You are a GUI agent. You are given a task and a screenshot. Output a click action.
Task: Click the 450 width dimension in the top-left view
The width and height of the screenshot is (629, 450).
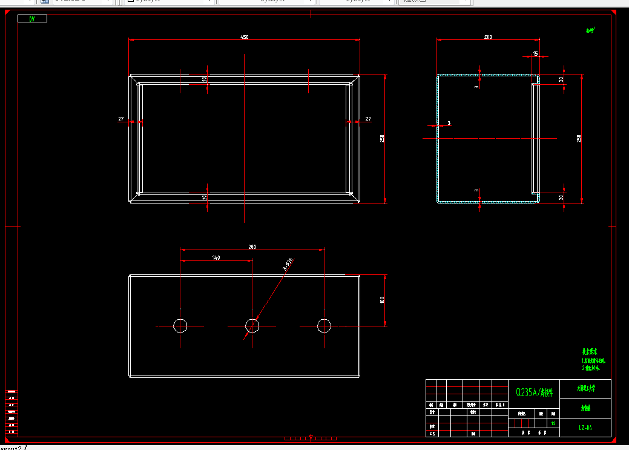point(245,37)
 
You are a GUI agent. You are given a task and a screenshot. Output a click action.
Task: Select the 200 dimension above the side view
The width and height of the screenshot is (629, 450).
point(488,37)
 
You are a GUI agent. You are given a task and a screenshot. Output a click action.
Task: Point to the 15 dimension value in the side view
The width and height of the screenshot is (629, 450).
point(535,54)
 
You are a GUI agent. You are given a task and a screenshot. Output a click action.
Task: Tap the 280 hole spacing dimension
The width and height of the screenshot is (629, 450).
point(252,247)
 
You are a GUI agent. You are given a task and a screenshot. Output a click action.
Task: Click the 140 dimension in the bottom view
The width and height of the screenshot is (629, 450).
point(216,257)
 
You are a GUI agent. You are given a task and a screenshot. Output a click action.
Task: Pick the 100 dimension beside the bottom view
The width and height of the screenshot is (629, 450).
point(382,300)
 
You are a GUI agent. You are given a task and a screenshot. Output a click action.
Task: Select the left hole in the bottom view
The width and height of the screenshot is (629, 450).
point(180,326)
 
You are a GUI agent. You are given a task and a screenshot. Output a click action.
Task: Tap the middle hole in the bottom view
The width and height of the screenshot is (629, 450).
point(252,326)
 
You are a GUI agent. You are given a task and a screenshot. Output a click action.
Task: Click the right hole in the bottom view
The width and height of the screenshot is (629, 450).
point(324,326)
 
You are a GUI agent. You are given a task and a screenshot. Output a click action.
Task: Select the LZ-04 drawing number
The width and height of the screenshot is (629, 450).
point(585,428)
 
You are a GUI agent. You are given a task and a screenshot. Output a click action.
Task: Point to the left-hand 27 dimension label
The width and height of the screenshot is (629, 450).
point(121,119)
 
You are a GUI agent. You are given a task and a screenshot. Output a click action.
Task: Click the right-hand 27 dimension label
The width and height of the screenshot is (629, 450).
point(368,119)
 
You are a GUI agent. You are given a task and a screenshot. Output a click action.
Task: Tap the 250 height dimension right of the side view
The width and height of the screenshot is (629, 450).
point(579,139)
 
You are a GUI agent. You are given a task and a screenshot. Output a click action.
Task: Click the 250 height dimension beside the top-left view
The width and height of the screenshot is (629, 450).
point(382,139)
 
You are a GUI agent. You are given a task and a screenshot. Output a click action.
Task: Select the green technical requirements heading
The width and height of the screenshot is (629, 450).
point(590,351)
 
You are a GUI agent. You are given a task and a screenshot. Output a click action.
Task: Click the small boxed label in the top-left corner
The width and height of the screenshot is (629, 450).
point(33,19)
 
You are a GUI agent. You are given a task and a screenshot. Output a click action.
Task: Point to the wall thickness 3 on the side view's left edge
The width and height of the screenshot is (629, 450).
point(449,124)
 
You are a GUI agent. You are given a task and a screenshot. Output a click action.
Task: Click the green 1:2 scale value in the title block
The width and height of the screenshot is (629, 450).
point(553,423)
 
